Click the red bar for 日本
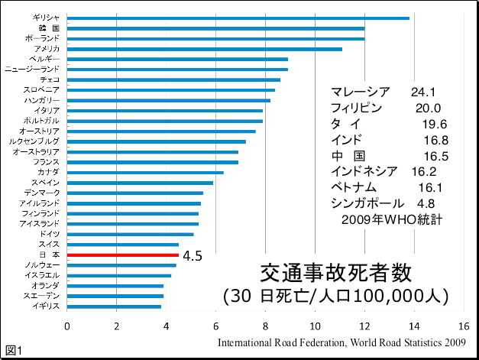(122, 255)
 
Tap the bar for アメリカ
(205, 49)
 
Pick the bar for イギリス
(114, 306)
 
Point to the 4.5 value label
(193, 256)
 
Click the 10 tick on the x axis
(315, 326)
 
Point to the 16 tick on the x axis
(463, 326)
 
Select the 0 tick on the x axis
(67, 326)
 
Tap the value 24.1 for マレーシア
(422, 92)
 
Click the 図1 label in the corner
(13, 350)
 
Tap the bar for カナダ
(145, 173)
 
